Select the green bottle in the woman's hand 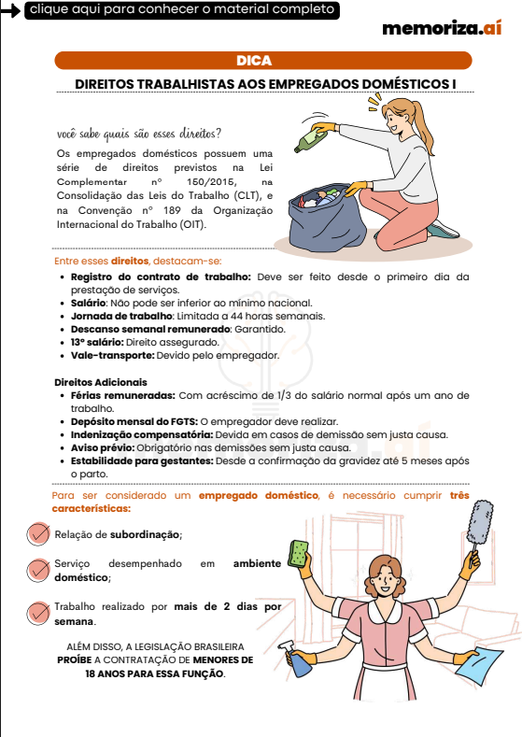[x=309, y=140]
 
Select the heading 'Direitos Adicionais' [x=100, y=382]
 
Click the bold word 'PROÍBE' [x=75, y=659]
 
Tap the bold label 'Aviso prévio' [x=99, y=447]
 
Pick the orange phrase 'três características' [x=261, y=502]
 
